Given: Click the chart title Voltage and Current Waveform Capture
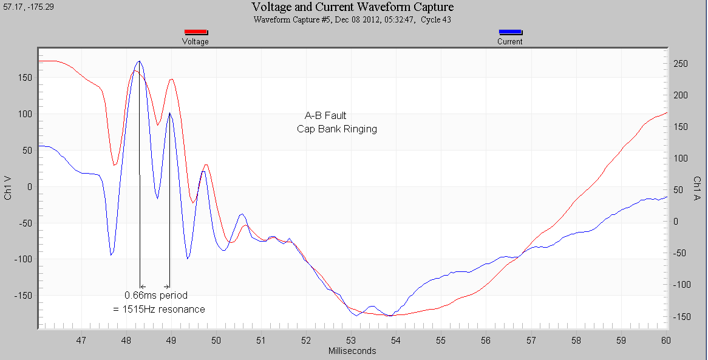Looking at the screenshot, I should tap(353, 7).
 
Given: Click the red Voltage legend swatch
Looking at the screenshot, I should tap(196, 33).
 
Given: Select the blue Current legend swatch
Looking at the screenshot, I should tap(509, 33).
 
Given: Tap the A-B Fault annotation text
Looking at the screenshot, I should tap(325, 115).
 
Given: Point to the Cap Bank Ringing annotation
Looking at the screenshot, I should tap(337, 129).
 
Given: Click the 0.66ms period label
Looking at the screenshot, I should tap(156, 295).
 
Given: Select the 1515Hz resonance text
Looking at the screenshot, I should tap(158, 309).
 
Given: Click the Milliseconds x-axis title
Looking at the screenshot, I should tap(352, 351).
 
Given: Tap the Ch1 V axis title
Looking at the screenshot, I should tap(8, 188).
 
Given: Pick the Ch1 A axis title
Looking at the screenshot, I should tap(698, 188).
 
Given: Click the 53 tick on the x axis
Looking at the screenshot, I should tap(351, 340).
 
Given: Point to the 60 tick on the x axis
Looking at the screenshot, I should tap(665, 340).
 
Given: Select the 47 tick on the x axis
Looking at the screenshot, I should tap(81, 340).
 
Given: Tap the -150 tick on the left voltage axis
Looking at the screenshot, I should tap(24, 296).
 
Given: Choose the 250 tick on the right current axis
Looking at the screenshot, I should tap(681, 64).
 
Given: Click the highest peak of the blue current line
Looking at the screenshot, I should tap(140, 61).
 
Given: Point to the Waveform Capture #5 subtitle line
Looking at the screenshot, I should tap(353, 19).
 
